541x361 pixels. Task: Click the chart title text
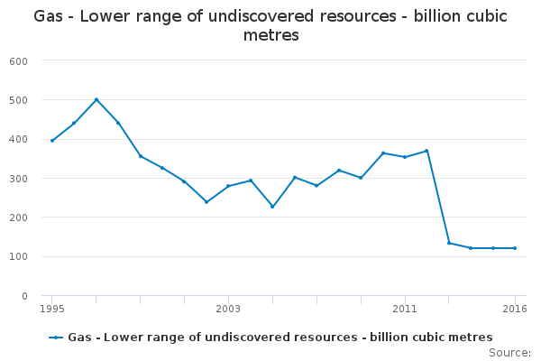click(270, 25)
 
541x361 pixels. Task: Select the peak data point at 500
click(96, 99)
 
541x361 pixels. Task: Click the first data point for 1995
click(52, 141)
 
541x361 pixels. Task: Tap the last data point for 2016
click(515, 248)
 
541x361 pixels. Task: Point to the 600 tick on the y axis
click(19, 61)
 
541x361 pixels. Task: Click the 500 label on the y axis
click(19, 100)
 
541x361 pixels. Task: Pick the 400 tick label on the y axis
click(19, 140)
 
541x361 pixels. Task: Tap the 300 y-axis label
click(19, 179)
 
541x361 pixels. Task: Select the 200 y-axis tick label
click(19, 218)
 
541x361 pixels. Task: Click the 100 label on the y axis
click(19, 256)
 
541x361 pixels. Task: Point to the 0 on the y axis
click(24, 296)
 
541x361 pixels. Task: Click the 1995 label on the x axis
click(52, 309)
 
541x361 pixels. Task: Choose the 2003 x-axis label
click(228, 309)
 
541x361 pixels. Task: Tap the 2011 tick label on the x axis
click(405, 309)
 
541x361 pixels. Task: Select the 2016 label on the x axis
click(515, 309)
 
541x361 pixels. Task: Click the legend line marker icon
click(56, 338)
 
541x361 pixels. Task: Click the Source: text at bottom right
click(510, 353)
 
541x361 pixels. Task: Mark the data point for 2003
click(228, 186)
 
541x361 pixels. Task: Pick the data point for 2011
click(405, 157)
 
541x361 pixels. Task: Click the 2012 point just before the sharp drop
click(426, 151)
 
